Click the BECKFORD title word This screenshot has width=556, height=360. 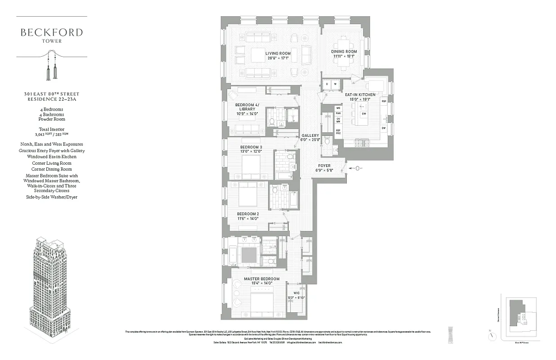click(x=51, y=32)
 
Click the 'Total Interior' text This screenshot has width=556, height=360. click(x=51, y=130)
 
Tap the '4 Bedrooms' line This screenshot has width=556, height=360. click(x=51, y=109)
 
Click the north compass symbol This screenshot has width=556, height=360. click(x=493, y=336)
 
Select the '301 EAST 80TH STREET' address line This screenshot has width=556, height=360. click(x=51, y=94)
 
